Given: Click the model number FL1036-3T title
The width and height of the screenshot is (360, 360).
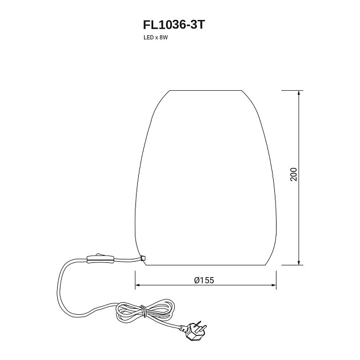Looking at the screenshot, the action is click(x=174, y=25).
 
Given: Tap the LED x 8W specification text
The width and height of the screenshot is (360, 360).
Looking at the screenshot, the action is click(x=155, y=37).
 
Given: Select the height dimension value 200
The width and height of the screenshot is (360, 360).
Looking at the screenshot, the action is click(x=294, y=174).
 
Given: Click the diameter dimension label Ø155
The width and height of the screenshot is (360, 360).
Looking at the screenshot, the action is click(x=204, y=280).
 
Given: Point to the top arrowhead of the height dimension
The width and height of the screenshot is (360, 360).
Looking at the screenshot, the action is click(x=298, y=93).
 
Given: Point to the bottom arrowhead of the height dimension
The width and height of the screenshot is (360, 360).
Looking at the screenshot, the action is click(x=298, y=263).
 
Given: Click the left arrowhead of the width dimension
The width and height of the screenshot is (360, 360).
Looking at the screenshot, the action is click(x=138, y=285).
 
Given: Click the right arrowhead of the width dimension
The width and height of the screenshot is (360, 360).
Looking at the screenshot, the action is click(x=274, y=285).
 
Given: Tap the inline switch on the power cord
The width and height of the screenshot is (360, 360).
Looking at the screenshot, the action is click(x=101, y=259).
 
